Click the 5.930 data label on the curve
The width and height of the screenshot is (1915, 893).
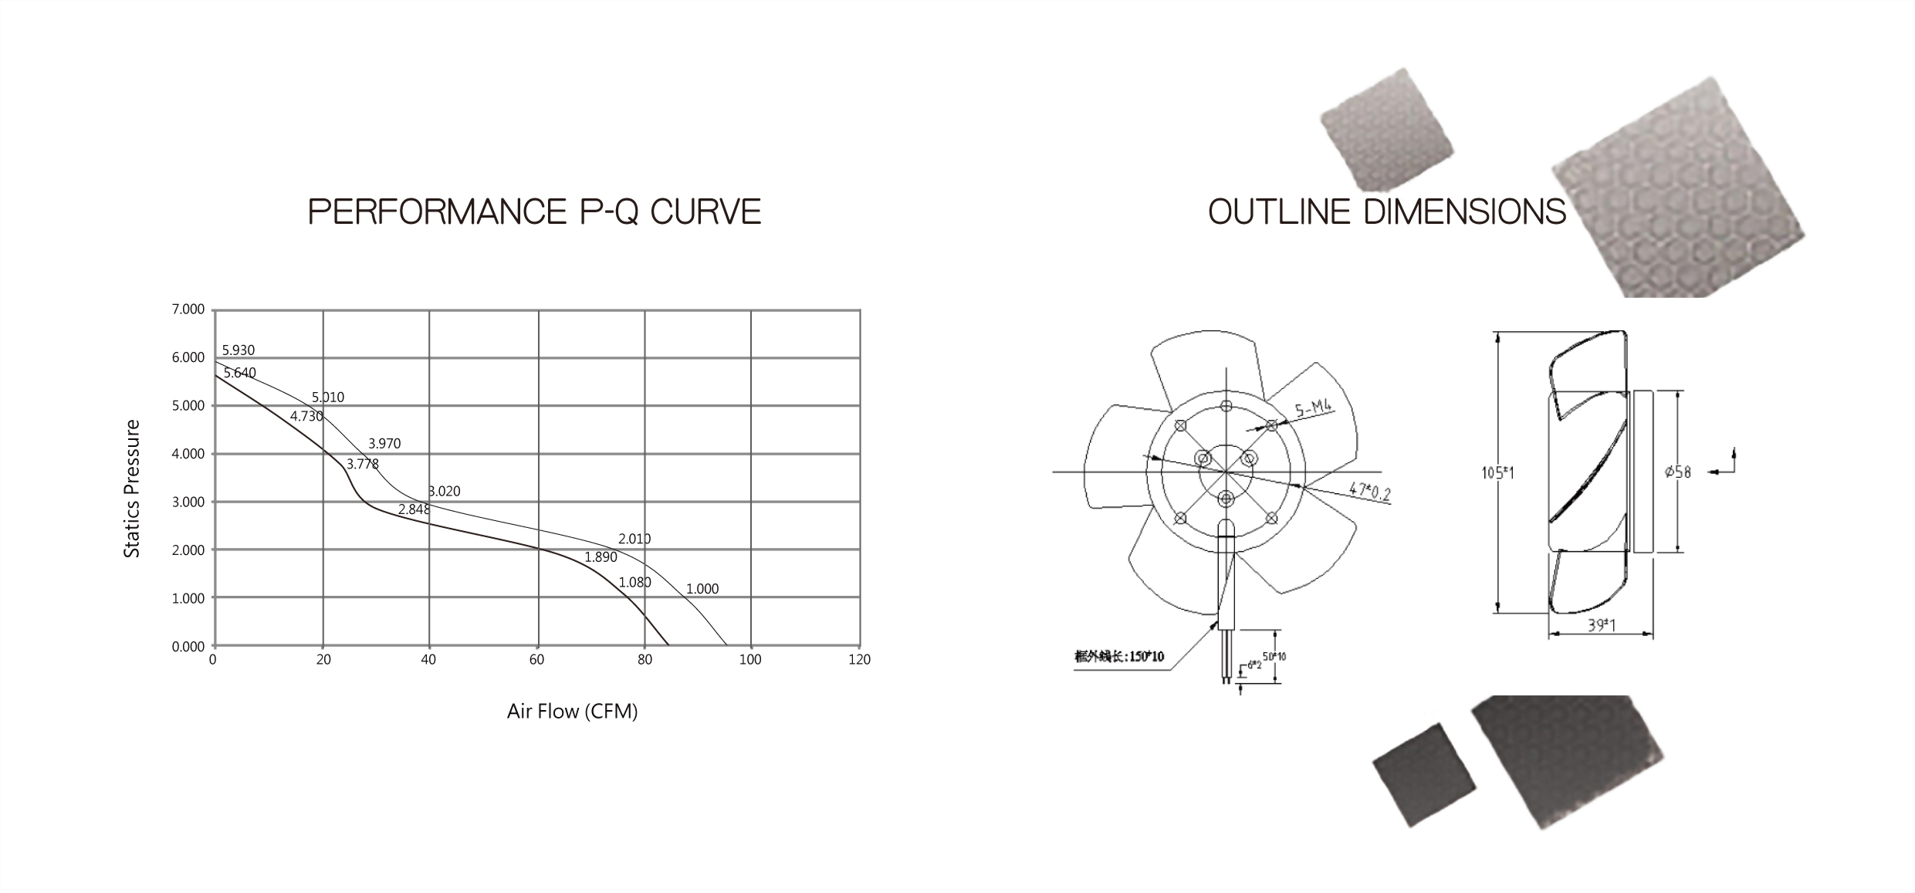pyautogui.click(x=238, y=350)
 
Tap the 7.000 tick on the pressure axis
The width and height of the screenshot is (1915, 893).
pyautogui.click(x=188, y=310)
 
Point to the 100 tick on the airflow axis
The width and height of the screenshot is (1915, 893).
pyautogui.click(x=749, y=660)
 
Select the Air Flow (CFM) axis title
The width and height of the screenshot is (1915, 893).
pyautogui.click(x=572, y=712)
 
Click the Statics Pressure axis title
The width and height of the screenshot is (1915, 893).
pyautogui.click(x=132, y=489)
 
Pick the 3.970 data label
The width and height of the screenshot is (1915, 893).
pyautogui.click(x=384, y=444)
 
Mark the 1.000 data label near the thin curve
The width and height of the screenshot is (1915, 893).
pyautogui.click(x=702, y=589)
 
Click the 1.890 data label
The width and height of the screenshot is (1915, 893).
pyautogui.click(x=601, y=557)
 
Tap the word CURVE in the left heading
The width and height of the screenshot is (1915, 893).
pyautogui.click(x=705, y=212)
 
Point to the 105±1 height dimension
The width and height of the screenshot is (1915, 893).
pyautogui.click(x=1497, y=472)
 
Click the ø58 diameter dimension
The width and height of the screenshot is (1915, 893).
pyautogui.click(x=1677, y=472)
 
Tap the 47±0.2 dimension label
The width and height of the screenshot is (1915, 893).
pyautogui.click(x=1369, y=491)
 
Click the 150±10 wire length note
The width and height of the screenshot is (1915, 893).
pyautogui.click(x=1119, y=657)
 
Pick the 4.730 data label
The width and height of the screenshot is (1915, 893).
pyautogui.click(x=306, y=417)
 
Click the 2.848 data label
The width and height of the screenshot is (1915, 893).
pyautogui.click(x=414, y=509)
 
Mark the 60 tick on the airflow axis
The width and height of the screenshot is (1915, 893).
pyautogui.click(x=536, y=660)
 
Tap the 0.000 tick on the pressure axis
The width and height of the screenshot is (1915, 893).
pyautogui.click(x=188, y=647)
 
